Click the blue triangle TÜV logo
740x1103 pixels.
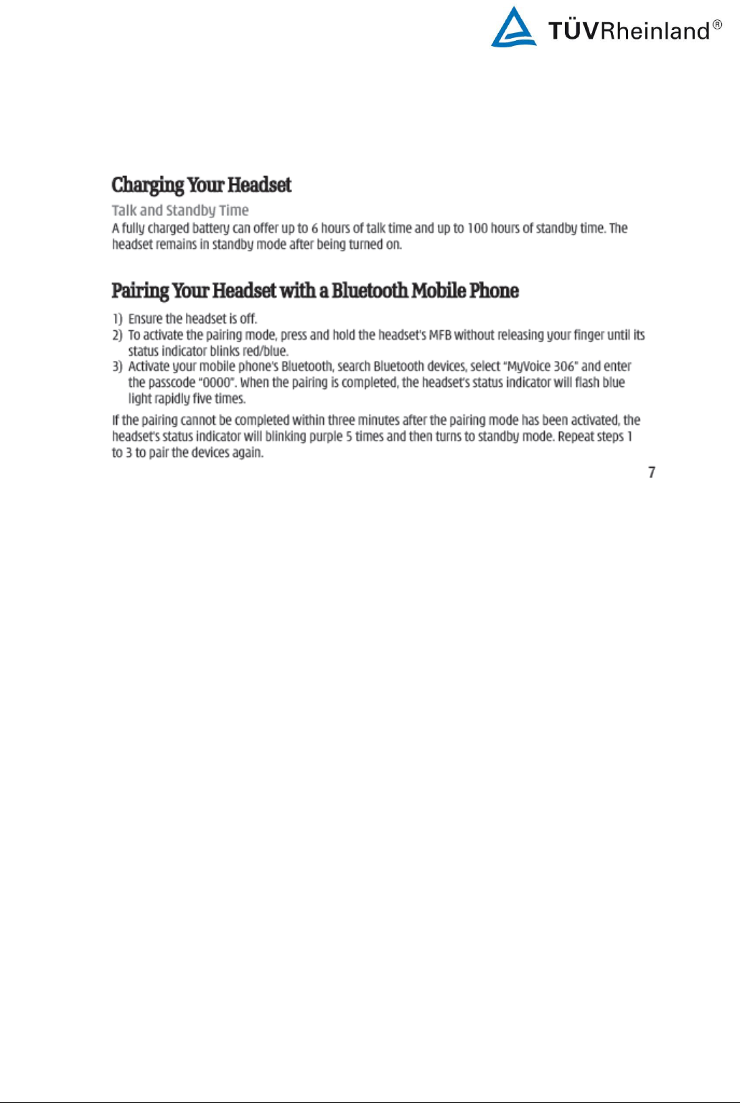pyautogui.click(x=513, y=29)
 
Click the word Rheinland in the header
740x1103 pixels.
pyautogui.click(x=654, y=31)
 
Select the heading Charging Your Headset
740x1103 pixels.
pyautogui.click(x=201, y=185)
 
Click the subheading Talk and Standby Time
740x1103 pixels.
pyautogui.click(x=180, y=210)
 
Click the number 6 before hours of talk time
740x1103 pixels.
pyautogui.click(x=314, y=228)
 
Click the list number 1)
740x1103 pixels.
pyautogui.click(x=117, y=319)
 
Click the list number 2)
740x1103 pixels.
pyautogui.click(x=117, y=335)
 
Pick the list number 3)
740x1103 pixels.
pyautogui.click(x=117, y=367)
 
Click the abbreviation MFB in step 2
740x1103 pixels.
pyautogui.click(x=439, y=335)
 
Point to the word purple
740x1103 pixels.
pyautogui.click(x=326, y=436)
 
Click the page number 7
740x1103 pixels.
pyautogui.click(x=652, y=472)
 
